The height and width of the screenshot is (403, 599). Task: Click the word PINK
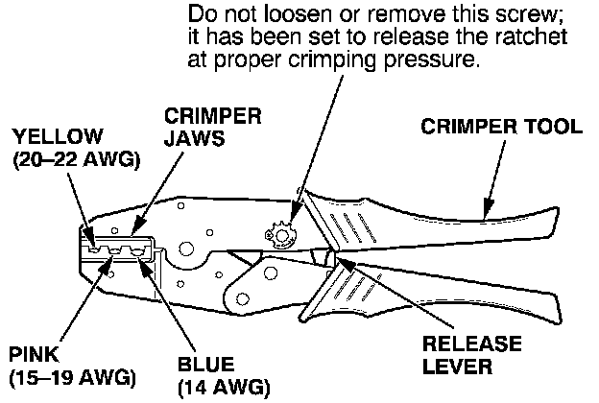[30, 351]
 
